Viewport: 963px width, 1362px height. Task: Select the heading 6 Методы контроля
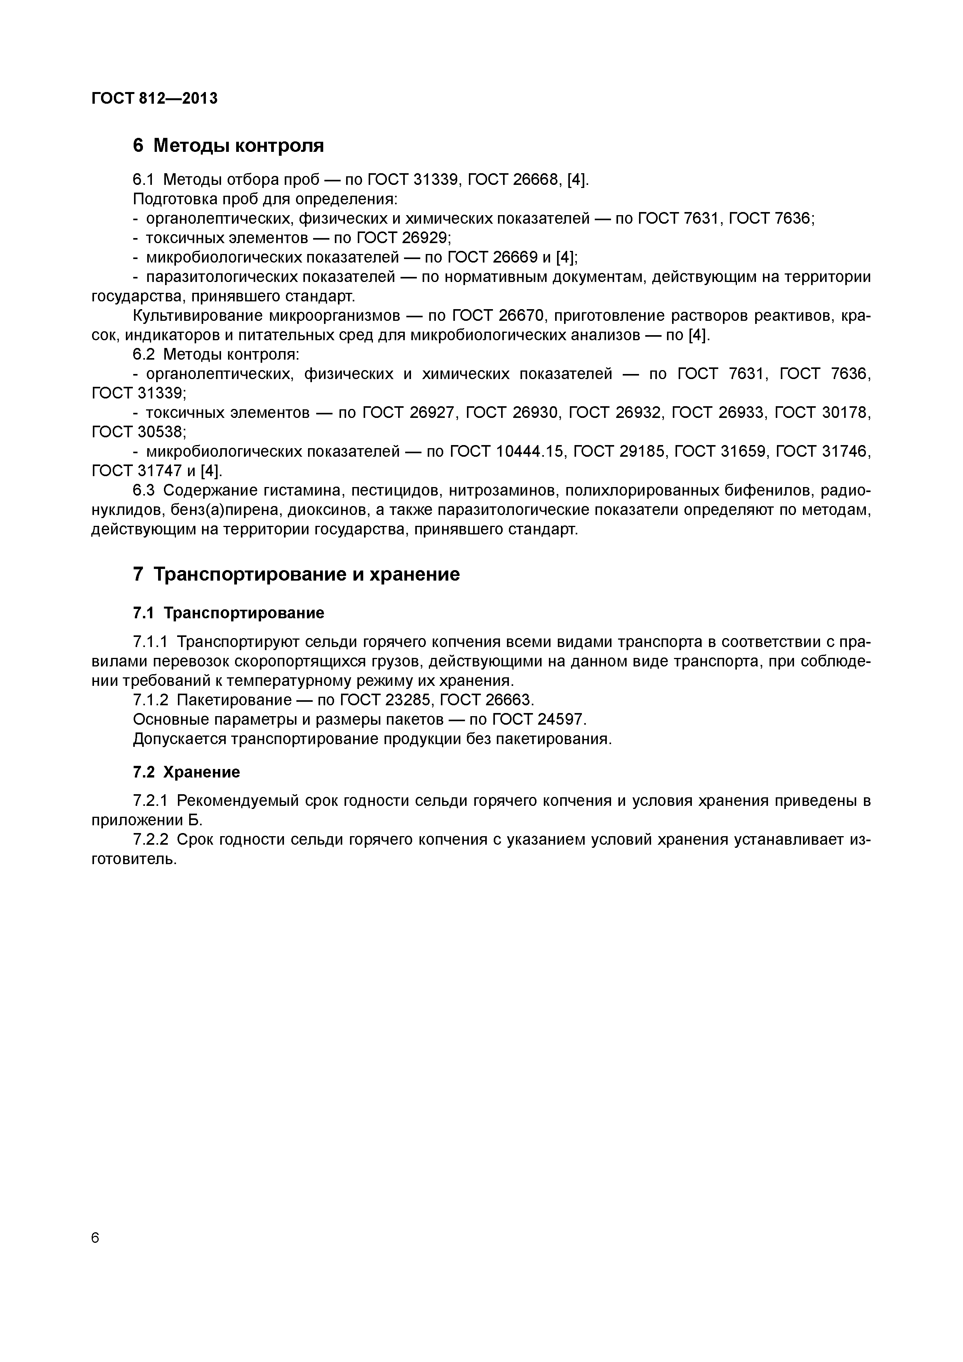(228, 145)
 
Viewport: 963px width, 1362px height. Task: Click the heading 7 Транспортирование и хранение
(296, 574)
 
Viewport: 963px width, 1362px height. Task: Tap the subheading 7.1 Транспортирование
(228, 613)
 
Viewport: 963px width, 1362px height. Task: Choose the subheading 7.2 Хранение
(186, 772)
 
